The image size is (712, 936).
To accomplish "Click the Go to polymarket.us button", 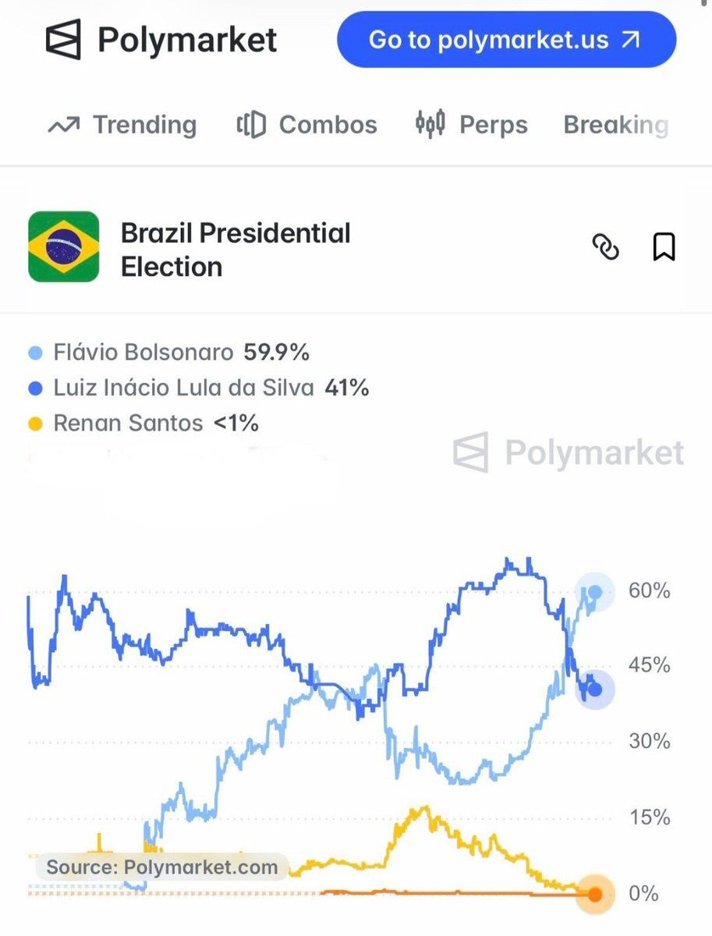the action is [506, 39].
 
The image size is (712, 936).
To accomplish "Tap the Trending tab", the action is [122, 125].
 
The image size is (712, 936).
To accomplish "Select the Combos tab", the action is [307, 125].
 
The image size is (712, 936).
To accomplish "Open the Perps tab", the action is [472, 125].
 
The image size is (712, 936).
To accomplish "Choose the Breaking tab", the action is [616, 125].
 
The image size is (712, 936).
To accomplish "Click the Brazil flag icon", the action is [63, 246].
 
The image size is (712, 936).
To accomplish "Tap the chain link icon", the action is [606, 246].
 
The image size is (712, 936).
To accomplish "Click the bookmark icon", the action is [664, 246].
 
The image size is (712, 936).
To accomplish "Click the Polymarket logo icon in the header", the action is [63, 39].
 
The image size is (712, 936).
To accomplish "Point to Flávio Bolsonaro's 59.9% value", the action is [276, 353].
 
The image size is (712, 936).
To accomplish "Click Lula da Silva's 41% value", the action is [347, 388].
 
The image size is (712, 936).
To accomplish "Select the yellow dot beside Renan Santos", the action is [35, 424].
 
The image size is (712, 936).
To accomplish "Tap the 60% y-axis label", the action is [649, 590].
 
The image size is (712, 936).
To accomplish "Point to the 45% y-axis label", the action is [649, 665].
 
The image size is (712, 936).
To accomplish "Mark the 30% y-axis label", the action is [649, 742].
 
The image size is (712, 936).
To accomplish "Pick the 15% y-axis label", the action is [650, 817].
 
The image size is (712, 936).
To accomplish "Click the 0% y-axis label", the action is [643, 893].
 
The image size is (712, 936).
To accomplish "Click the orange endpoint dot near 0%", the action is [595, 894].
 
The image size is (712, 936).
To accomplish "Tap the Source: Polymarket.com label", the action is [162, 867].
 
